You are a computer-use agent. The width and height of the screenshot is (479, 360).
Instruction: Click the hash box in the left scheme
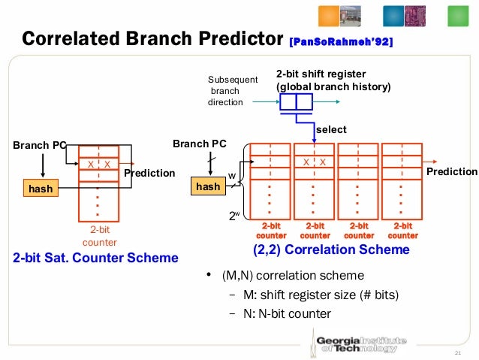click(41, 189)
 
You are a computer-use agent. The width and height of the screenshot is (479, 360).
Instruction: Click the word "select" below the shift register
click(331, 129)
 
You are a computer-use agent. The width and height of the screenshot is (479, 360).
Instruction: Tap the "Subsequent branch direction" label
click(232, 90)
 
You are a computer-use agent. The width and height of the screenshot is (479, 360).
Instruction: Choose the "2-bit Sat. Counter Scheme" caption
click(96, 258)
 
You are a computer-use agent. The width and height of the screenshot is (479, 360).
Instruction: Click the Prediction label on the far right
click(452, 172)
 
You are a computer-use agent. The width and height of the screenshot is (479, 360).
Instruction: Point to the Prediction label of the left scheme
click(149, 174)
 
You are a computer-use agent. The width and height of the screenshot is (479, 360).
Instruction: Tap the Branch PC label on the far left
click(38, 144)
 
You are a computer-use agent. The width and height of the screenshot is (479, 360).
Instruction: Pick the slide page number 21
click(456, 354)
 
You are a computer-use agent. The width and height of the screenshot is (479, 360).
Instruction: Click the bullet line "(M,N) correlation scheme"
click(292, 276)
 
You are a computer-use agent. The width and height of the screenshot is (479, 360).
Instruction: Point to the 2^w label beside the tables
click(234, 215)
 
